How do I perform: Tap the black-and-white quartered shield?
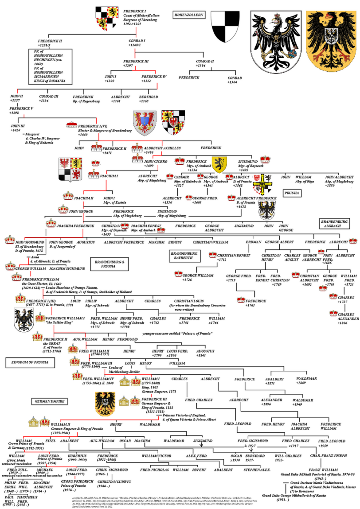coord(225,27)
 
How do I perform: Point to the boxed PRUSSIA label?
coord(293,193)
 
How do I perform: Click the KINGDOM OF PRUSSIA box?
coord(24,363)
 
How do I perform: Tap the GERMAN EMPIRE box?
coord(50,401)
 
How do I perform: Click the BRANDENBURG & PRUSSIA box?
coord(105,264)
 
